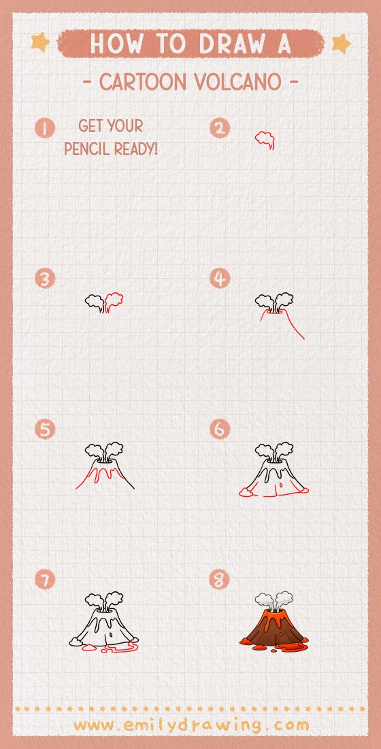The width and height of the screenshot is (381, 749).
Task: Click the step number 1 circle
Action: (44, 128)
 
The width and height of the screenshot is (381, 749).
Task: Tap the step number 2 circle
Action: (220, 128)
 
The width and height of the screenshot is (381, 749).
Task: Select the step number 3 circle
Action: (44, 279)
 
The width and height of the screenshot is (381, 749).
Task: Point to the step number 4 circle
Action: (220, 279)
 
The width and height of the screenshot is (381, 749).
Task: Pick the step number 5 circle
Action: (44, 429)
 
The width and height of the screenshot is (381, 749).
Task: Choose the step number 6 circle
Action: (220, 429)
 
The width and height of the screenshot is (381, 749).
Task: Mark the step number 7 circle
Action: (44, 580)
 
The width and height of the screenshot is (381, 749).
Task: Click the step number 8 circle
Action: (220, 580)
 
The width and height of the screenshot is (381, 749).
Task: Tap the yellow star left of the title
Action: (41, 43)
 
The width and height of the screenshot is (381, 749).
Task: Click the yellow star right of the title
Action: (341, 43)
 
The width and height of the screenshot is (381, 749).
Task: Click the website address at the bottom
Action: (191, 726)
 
